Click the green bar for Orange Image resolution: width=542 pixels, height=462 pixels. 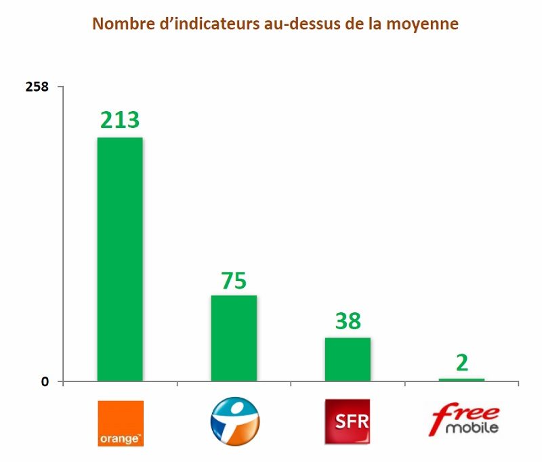[x=120, y=259]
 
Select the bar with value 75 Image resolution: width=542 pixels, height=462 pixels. [x=234, y=337]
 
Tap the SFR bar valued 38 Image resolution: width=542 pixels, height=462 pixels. [x=348, y=359]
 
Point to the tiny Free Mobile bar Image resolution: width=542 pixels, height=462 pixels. [x=461, y=379]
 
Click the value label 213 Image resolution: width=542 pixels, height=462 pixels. [x=120, y=119]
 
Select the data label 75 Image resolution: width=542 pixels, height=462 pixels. [x=234, y=280]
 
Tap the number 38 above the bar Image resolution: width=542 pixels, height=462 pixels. [x=348, y=320]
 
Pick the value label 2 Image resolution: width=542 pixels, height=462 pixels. [x=462, y=362]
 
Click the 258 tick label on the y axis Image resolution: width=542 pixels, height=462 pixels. [x=37, y=87]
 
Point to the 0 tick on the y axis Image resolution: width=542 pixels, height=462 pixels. [x=45, y=382]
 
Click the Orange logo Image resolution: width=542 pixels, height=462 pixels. [x=121, y=423]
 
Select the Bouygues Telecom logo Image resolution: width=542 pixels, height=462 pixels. [x=234, y=421]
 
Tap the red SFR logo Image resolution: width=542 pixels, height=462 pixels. [x=348, y=421]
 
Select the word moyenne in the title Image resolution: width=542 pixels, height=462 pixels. [x=425, y=24]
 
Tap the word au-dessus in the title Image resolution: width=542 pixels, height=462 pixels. [x=299, y=24]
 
